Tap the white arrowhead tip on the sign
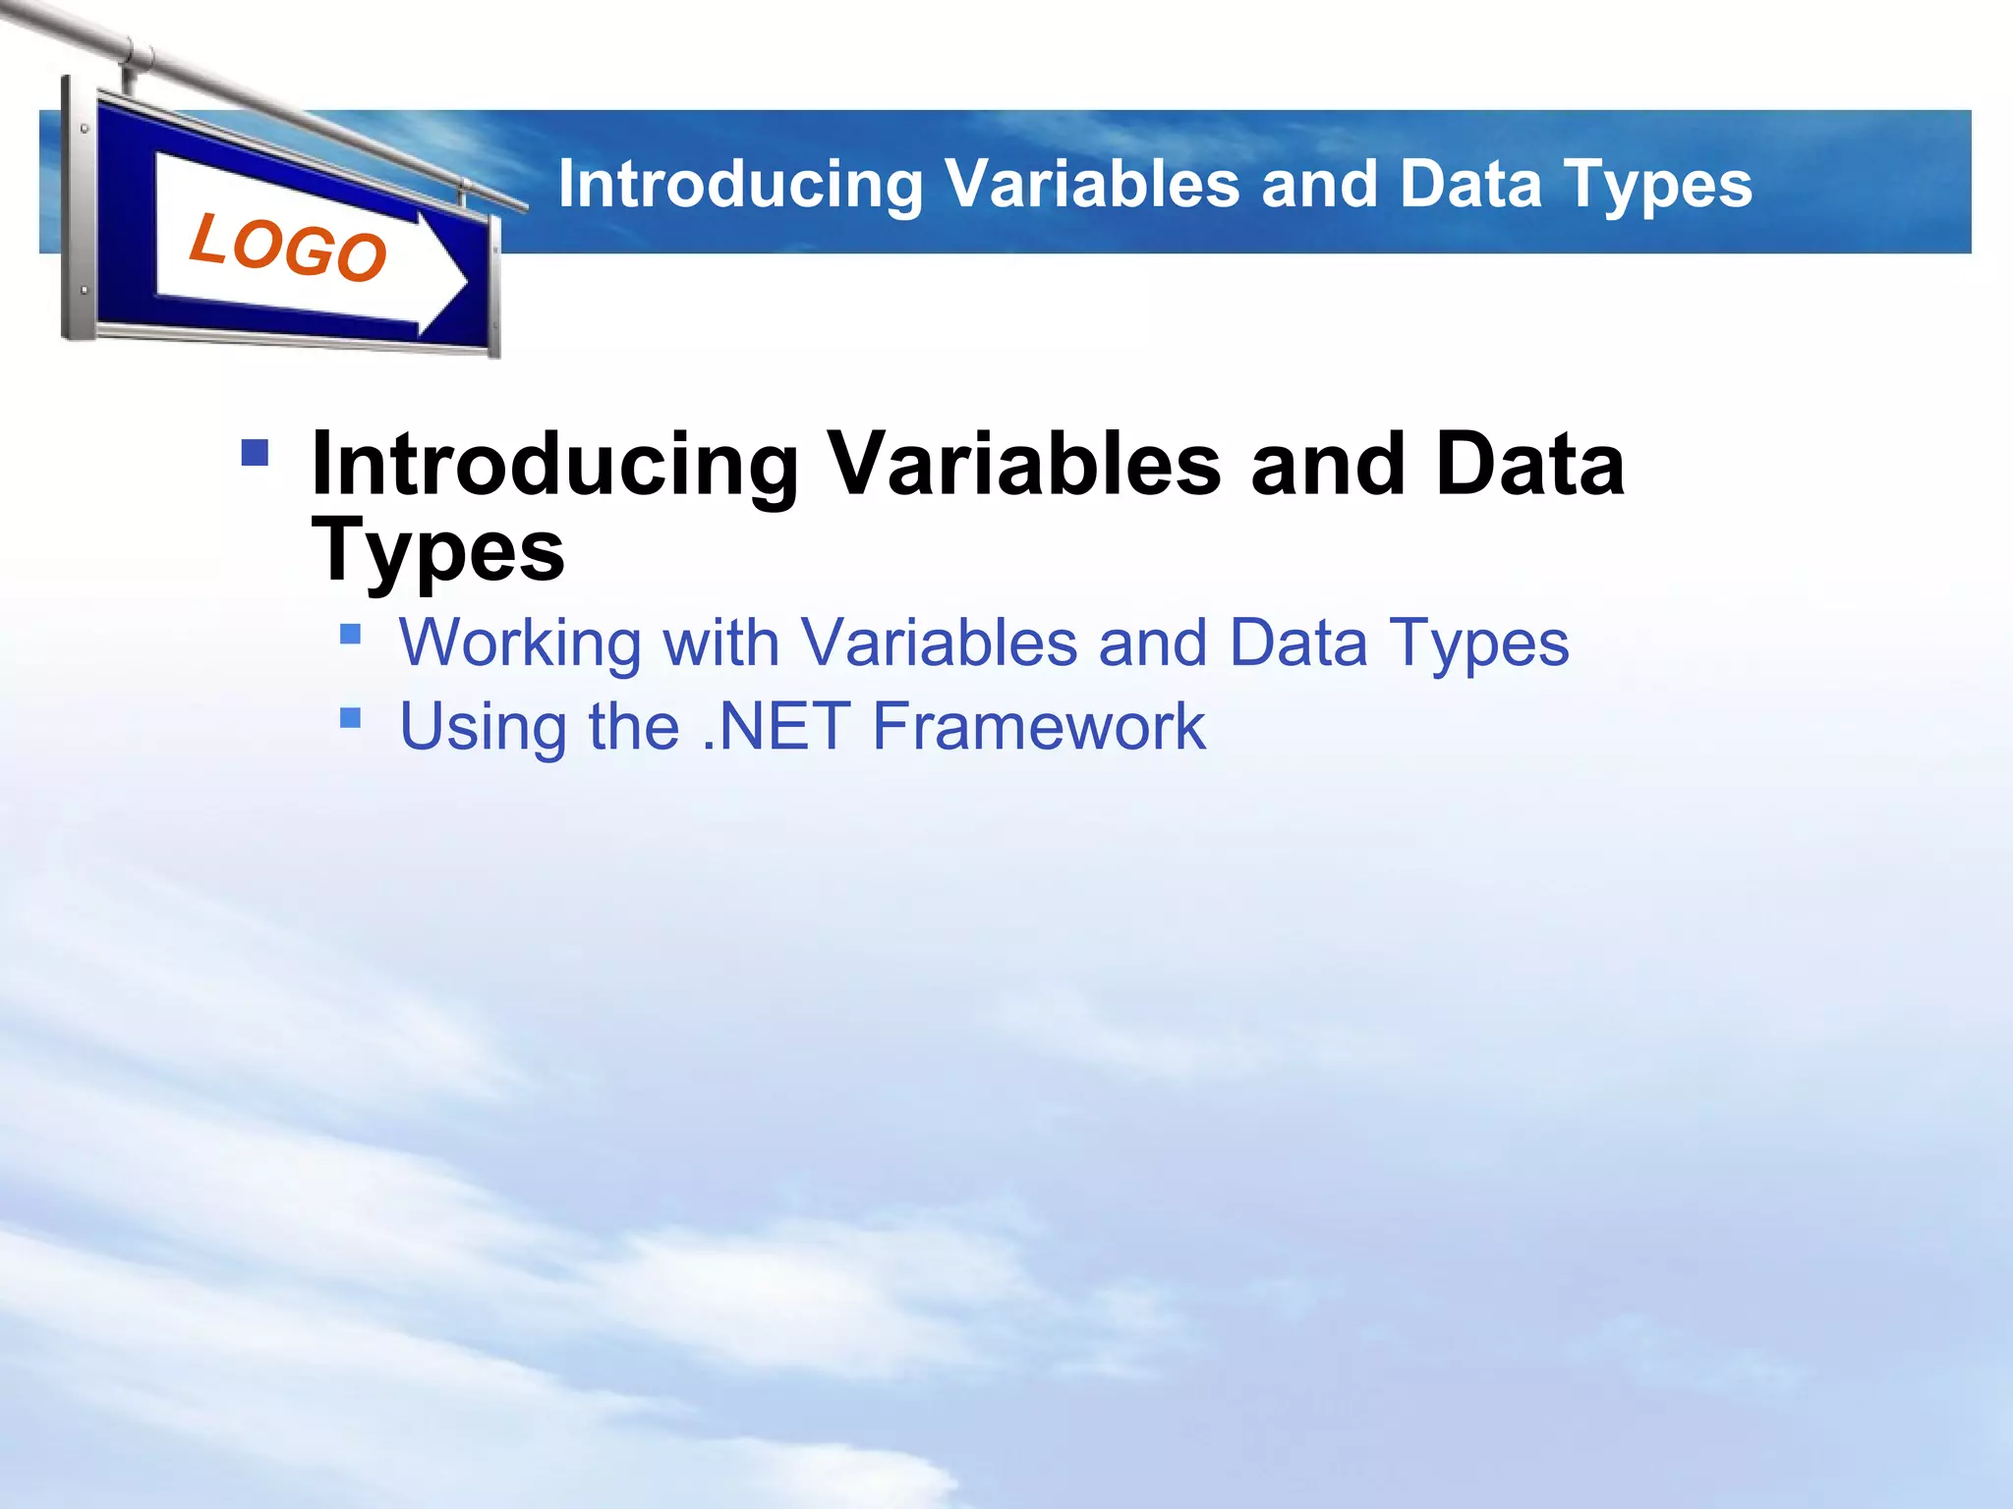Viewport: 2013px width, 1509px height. click(x=460, y=284)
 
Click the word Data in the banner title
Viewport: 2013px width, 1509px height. click(x=1469, y=184)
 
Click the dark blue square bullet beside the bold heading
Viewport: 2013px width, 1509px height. click(x=255, y=452)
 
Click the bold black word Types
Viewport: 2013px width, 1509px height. click(x=438, y=550)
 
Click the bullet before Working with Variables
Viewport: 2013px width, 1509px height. click(x=351, y=634)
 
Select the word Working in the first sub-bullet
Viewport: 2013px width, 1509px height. click(x=520, y=643)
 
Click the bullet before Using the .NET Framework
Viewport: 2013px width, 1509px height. click(x=351, y=718)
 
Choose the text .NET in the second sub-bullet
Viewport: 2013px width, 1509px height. click(x=776, y=727)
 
